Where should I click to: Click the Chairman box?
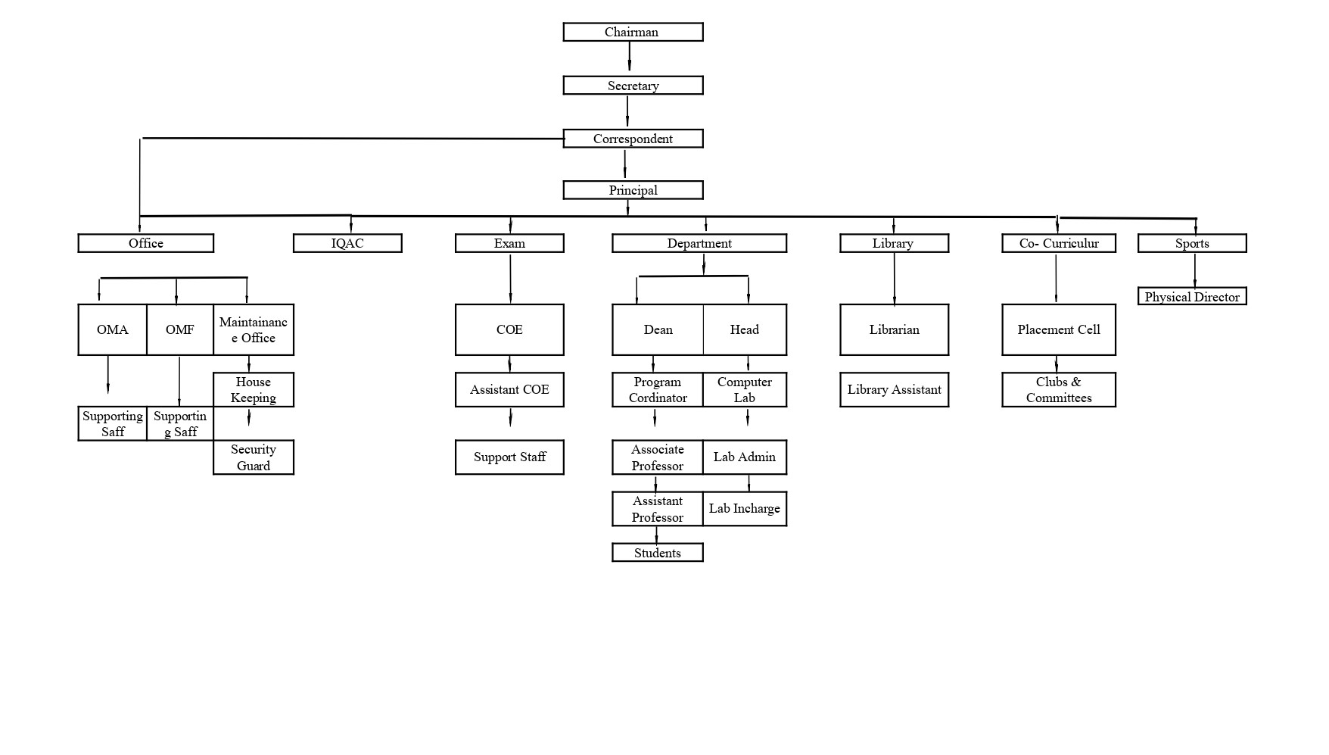(x=633, y=32)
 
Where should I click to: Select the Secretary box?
(x=633, y=86)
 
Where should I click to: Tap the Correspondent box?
(x=633, y=139)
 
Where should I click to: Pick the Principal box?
(x=633, y=190)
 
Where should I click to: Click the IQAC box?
(x=347, y=243)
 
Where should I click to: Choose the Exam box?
(x=509, y=243)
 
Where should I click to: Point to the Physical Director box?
(x=1192, y=297)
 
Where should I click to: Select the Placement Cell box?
(x=1059, y=329)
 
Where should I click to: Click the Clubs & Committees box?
(x=1059, y=389)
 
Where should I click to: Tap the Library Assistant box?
(x=894, y=389)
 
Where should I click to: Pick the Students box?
(x=657, y=553)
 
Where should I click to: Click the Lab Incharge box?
(x=745, y=509)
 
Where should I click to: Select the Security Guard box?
(x=254, y=457)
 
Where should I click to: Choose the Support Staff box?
(x=509, y=457)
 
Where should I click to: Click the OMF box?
(x=180, y=329)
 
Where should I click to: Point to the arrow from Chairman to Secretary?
(x=629, y=57)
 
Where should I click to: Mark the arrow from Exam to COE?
(x=510, y=278)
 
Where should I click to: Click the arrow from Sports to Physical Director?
(x=1195, y=270)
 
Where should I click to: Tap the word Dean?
(x=658, y=329)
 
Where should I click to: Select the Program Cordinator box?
(x=658, y=389)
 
